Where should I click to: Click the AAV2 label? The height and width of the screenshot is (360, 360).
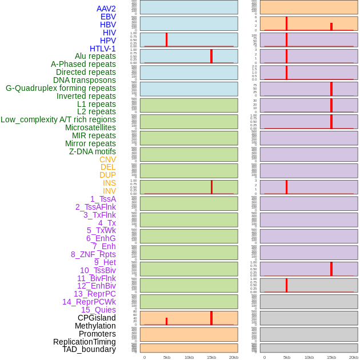[x=106, y=9]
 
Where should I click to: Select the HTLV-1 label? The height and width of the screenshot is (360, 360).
[x=102, y=49]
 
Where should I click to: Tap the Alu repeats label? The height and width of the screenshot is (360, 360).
[x=95, y=56]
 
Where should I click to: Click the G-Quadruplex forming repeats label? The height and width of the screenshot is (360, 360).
[x=61, y=88]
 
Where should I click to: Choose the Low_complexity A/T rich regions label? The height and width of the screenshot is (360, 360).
[x=58, y=119]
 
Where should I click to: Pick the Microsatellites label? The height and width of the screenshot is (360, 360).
[x=90, y=127]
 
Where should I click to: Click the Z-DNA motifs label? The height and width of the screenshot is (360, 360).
[x=92, y=151]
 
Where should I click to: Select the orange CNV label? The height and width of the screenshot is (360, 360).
[x=107, y=159]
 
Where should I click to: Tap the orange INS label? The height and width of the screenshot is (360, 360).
[x=109, y=183]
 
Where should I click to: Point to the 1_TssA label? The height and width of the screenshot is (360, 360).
[x=103, y=199]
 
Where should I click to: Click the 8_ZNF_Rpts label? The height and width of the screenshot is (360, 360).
[x=93, y=254]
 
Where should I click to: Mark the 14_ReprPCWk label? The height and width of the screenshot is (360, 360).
[x=89, y=302]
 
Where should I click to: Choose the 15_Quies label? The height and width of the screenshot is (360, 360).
[x=98, y=310]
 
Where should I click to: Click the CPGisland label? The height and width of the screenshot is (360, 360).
[x=97, y=318]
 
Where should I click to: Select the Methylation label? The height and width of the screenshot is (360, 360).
[x=95, y=326]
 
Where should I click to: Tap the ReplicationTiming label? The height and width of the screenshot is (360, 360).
[x=84, y=342]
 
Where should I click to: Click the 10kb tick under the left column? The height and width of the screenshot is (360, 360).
[x=189, y=357]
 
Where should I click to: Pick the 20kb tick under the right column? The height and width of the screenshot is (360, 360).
[x=353, y=357]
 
